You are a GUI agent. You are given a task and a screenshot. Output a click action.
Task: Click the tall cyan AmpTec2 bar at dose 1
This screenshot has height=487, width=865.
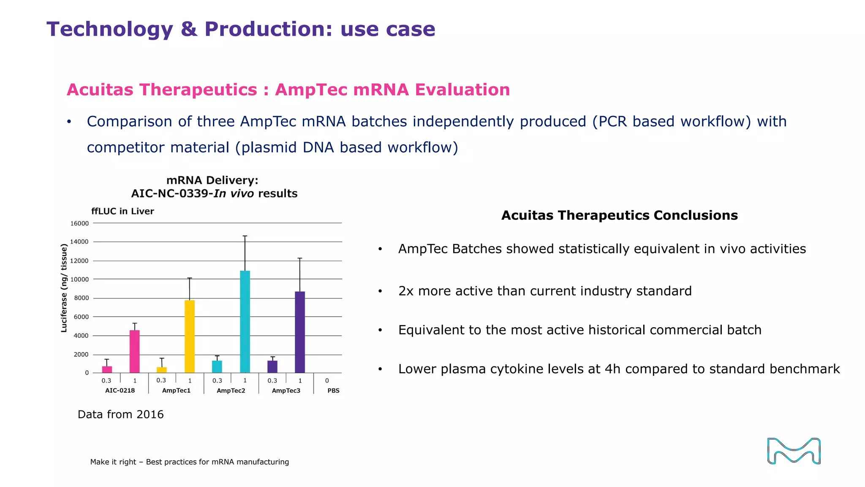[245, 321]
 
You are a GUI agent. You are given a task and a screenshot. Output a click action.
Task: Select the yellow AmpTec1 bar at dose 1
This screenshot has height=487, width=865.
[190, 336]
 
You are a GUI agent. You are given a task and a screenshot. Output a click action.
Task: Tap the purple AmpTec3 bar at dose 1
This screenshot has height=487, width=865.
[300, 332]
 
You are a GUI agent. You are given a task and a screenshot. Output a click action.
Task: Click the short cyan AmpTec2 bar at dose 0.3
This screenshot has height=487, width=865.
[217, 367]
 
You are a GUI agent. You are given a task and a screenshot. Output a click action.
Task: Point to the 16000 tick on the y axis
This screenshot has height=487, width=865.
[79, 223]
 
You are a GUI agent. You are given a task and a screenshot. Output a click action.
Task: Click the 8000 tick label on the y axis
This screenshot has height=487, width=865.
[81, 298]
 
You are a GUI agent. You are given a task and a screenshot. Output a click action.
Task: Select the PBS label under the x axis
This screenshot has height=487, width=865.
[333, 391]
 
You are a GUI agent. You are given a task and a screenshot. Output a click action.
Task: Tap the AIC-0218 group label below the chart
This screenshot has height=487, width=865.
[120, 391]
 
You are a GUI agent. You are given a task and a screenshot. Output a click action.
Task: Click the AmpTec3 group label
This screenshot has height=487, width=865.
[286, 391]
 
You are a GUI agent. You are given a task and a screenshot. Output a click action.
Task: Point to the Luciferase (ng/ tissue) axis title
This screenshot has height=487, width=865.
[64, 288]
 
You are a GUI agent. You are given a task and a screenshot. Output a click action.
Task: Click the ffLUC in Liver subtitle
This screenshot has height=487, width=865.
[122, 211]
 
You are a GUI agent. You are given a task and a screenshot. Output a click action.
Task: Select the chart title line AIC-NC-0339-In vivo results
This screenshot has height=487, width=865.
[214, 194]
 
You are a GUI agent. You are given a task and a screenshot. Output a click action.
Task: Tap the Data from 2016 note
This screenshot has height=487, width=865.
[120, 414]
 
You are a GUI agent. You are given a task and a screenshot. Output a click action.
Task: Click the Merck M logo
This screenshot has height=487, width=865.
[794, 451]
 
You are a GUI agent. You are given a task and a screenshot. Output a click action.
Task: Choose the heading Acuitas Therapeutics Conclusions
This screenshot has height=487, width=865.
[619, 216]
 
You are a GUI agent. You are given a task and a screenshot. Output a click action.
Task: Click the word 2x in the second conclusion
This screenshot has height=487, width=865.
[405, 291]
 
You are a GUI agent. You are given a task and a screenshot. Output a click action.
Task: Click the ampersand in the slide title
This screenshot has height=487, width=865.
[189, 30]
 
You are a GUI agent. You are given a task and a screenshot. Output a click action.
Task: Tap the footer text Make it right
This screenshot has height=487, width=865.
[113, 462]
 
